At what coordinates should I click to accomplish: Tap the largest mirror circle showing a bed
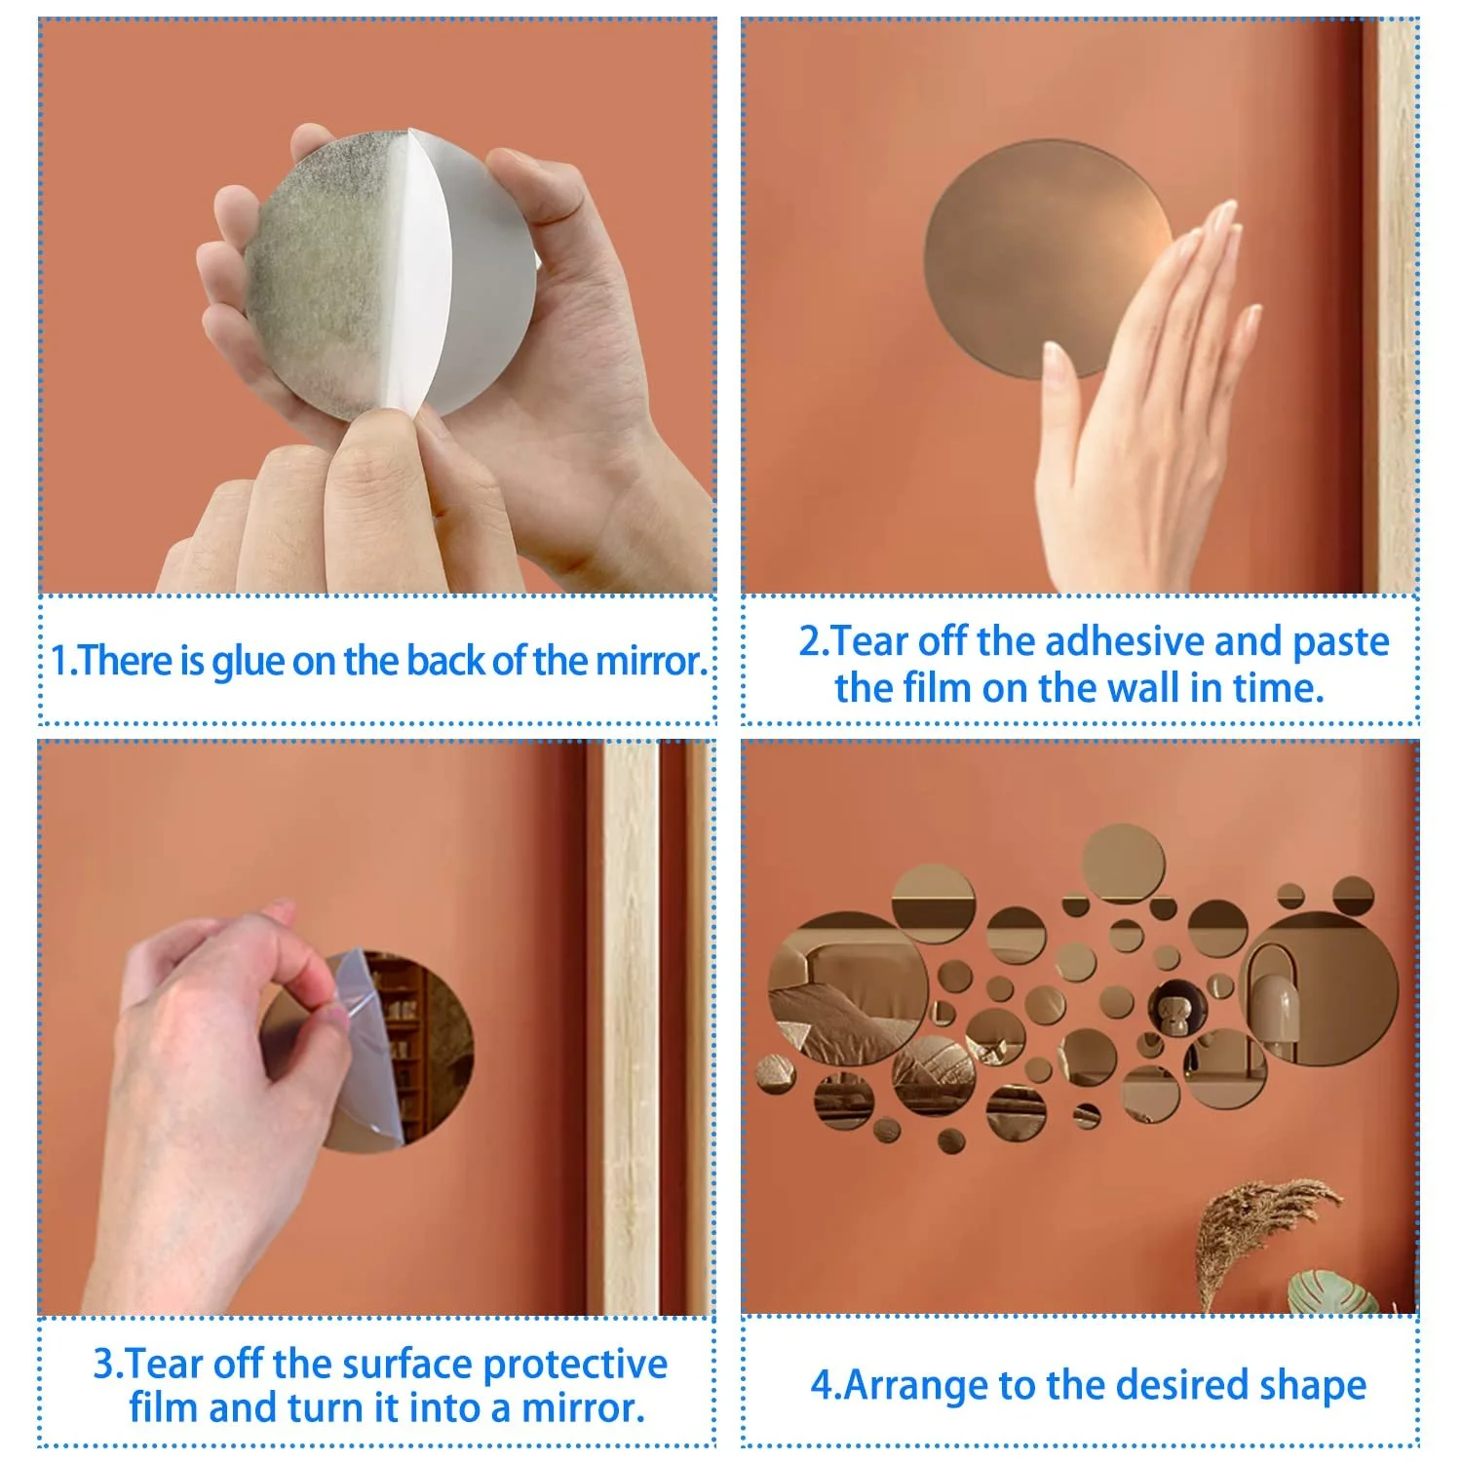pyautogui.click(x=848, y=988)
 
